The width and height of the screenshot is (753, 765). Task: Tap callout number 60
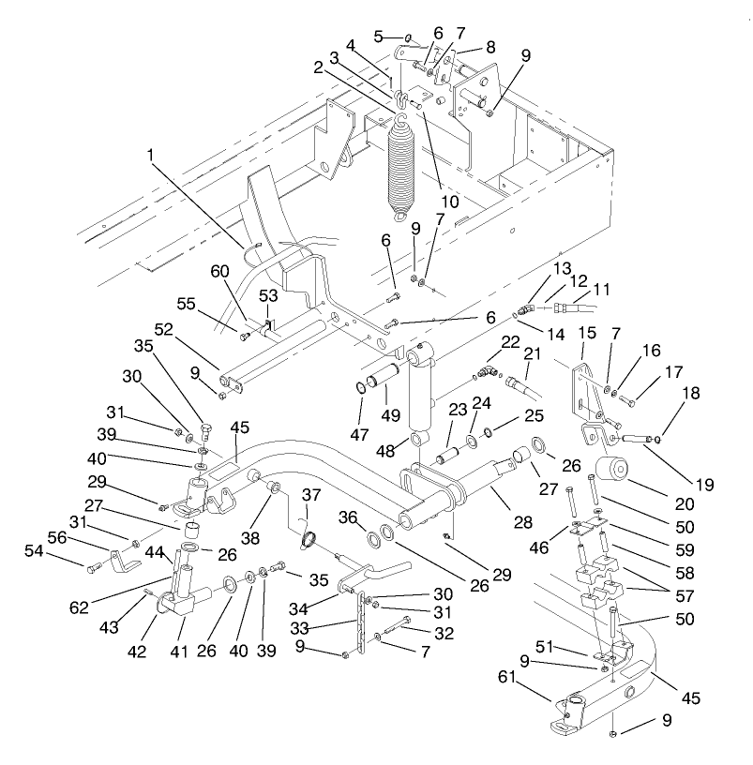click(219, 272)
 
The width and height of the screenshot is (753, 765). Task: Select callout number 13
click(561, 268)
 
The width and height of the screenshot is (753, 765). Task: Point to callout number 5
click(380, 37)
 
